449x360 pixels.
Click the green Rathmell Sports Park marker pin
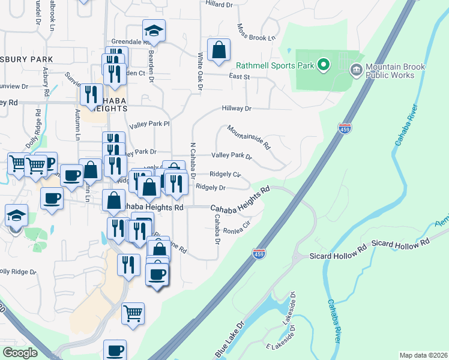coord(324,64)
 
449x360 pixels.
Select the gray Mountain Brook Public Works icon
coord(356,70)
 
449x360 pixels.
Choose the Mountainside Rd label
coord(249,137)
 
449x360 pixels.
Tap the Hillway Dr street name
coord(236,109)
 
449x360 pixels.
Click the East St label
coord(239,77)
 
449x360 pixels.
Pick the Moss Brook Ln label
coord(256,33)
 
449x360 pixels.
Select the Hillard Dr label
coord(218,4)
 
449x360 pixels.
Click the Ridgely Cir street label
coord(225,175)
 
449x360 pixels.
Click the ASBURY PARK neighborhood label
coord(26,59)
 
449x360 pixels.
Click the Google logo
coord(20,353)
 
